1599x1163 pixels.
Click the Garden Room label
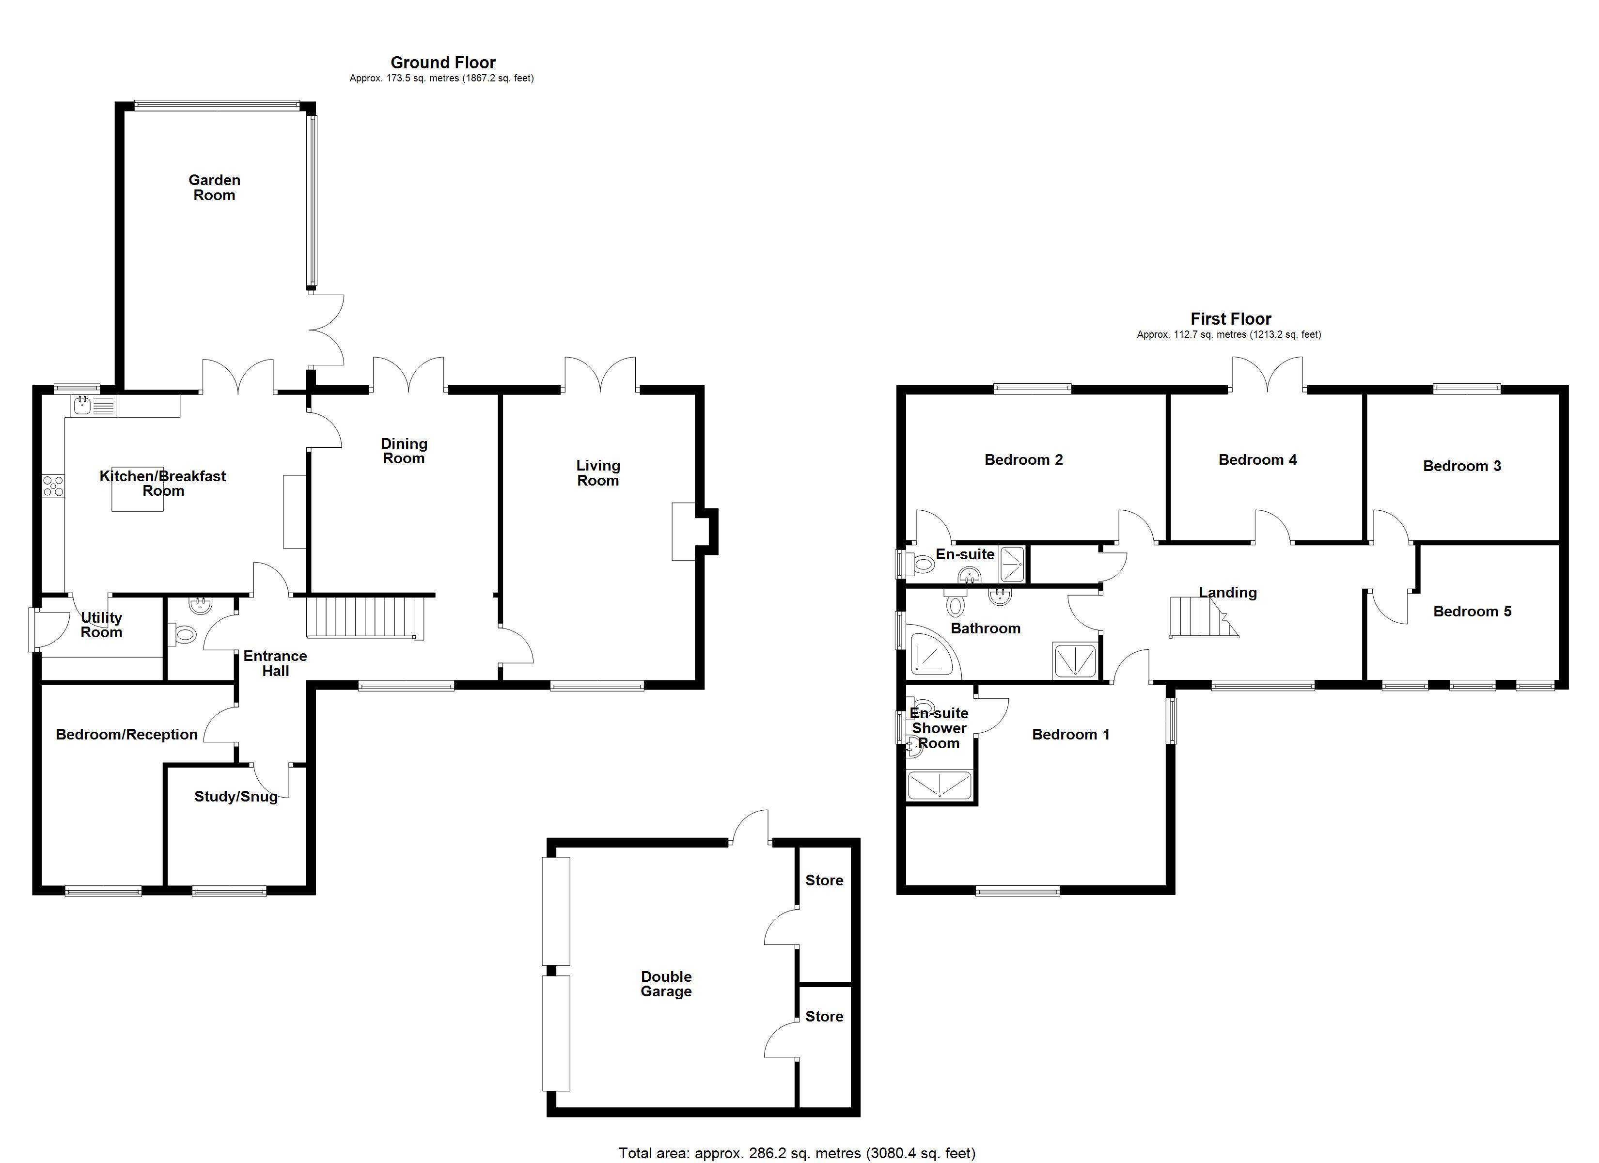coord(214,188)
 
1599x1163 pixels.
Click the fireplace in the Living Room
coord(684,531)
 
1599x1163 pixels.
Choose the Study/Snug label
coord(235,796)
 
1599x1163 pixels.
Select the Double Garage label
coord(666,984)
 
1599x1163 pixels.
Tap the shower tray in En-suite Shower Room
coord(939,786)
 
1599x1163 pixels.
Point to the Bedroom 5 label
coord(1472,611)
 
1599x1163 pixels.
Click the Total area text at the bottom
coord(797,1152)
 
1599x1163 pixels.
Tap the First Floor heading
coord(1230,319)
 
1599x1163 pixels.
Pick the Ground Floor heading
coord(443,62)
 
